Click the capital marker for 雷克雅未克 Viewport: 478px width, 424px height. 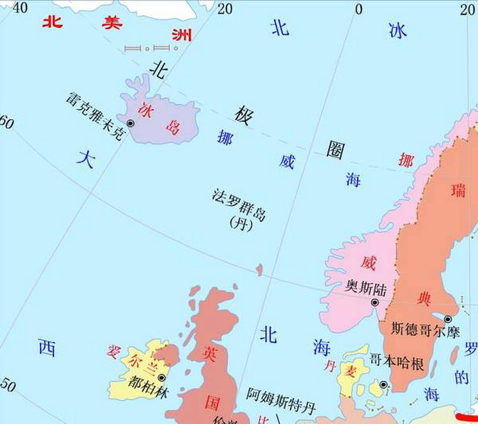(130, 124)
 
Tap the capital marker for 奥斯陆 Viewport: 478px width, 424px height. (375, 302)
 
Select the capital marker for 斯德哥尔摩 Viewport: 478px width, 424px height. (448, 319)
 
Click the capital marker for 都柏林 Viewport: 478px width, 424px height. (162, 378)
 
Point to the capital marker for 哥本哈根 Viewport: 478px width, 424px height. (383, 385)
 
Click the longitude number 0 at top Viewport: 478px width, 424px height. (359, 10)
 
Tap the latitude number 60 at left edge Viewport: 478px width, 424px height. (7, 123)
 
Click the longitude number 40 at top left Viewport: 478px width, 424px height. (20, 7)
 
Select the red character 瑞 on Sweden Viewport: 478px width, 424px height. (458, 191)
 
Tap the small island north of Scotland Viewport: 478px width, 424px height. (259, 269)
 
